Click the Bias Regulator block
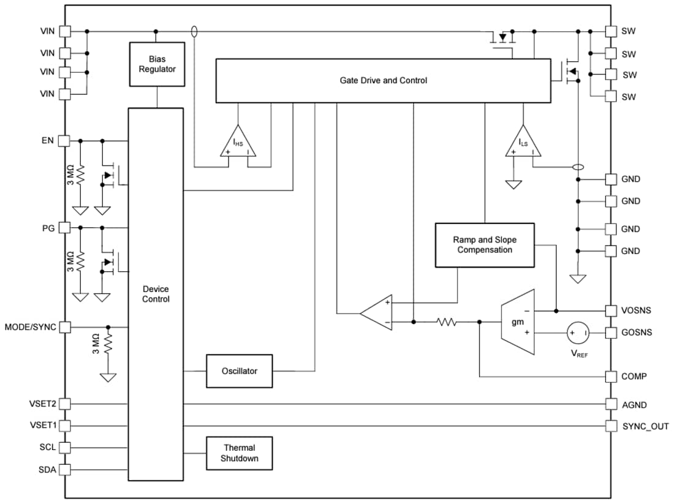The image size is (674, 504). click(157, 64)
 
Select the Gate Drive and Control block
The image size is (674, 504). click(384, 80)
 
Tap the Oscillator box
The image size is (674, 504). click(240, 370)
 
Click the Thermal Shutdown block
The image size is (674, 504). click(240, 453)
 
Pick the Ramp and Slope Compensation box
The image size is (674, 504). click(485, 245)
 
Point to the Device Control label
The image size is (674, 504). click(156, 294)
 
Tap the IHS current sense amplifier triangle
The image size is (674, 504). click(239, 143)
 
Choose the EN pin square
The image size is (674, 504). click(64, 141)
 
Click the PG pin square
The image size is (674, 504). click(64, 228)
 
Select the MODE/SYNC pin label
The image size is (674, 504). click(30, 327)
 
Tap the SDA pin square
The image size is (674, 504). click(64, 470)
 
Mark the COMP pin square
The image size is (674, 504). click(611, 376)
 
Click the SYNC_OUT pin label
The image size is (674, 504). click(646, 426)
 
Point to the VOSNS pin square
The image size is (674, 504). click(611, 310)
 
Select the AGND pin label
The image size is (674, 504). click(634, 405)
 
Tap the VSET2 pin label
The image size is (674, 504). click(42, 404)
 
